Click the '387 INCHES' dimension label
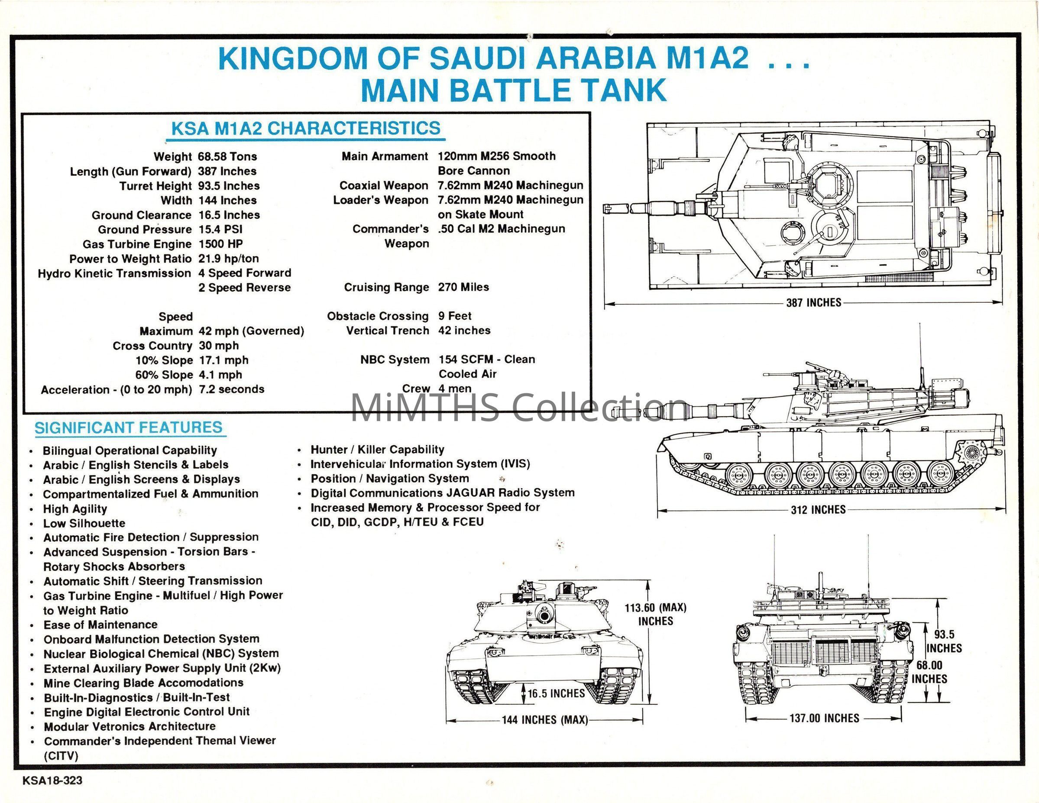813,303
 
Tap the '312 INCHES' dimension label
818,510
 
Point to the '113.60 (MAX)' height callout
656,608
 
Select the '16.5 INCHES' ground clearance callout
556,693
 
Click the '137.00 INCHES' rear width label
825,718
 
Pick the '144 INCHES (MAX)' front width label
545,720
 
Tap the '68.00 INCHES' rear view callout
929,672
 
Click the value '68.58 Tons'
227,156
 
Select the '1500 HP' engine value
221,244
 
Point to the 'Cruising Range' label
386,287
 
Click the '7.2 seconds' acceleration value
232,389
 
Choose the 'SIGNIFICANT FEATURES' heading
129,427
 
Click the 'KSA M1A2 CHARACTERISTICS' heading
306,129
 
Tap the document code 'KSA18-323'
52,780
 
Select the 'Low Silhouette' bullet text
84,523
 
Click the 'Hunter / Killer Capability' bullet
377,450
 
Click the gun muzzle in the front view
543,615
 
